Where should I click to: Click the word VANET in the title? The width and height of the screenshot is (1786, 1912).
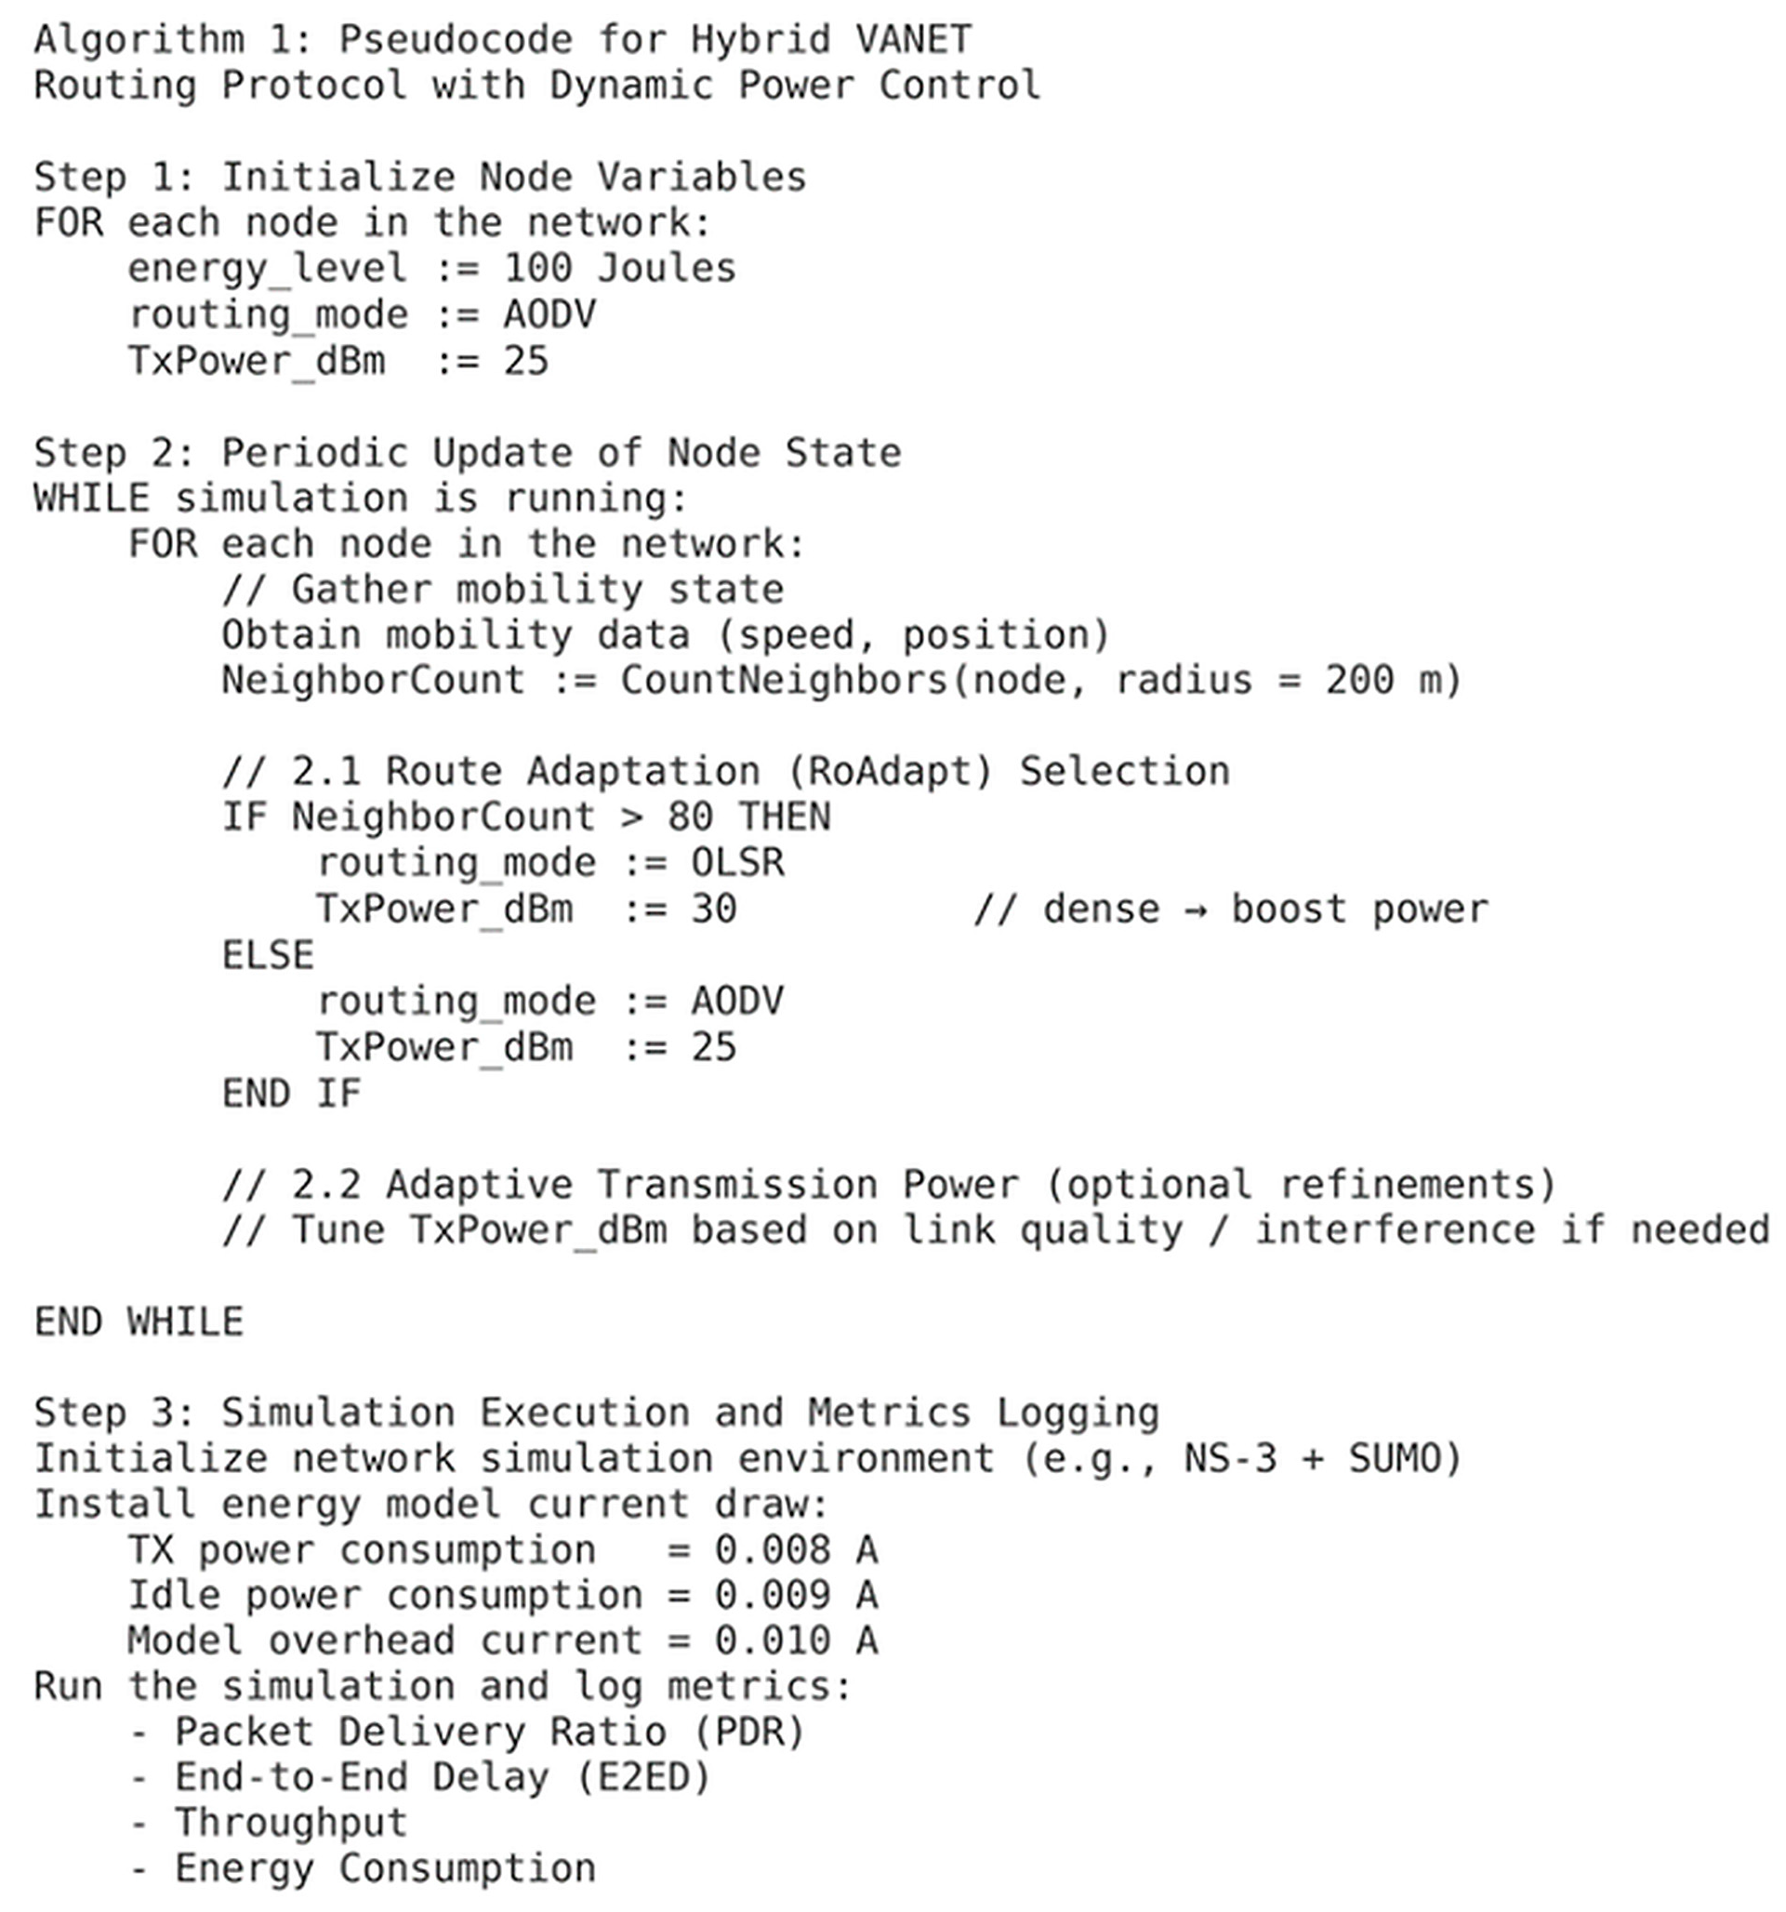[913, 39]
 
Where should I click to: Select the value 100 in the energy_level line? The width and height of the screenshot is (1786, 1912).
[537, 268]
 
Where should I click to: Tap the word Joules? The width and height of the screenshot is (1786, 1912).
[667, 268]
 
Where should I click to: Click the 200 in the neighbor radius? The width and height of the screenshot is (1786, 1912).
[1359, 680]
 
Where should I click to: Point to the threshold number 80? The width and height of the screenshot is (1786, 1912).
[690, 817]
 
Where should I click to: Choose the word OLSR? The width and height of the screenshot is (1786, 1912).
[737, 862]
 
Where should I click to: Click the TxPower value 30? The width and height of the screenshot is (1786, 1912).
[714, 908]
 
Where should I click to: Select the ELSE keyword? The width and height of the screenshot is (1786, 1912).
[268, 955]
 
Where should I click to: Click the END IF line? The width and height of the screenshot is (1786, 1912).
[291, 1094]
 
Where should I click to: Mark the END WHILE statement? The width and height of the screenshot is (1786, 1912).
[139, 1321]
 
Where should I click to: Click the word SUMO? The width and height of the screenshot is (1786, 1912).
[1394, 1458]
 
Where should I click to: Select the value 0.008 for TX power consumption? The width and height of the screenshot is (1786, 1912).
[773, 1549]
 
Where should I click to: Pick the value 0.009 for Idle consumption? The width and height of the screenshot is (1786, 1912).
[773, 1595]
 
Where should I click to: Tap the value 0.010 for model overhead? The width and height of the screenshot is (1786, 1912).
[773, 1640]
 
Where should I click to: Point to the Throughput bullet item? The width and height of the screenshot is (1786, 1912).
[290, 1822]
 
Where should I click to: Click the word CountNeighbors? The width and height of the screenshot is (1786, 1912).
[784, 680]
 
